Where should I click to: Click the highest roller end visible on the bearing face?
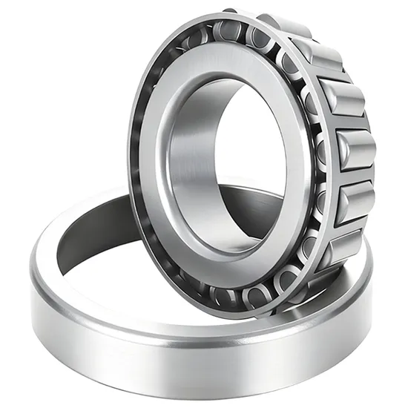point(226,30)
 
